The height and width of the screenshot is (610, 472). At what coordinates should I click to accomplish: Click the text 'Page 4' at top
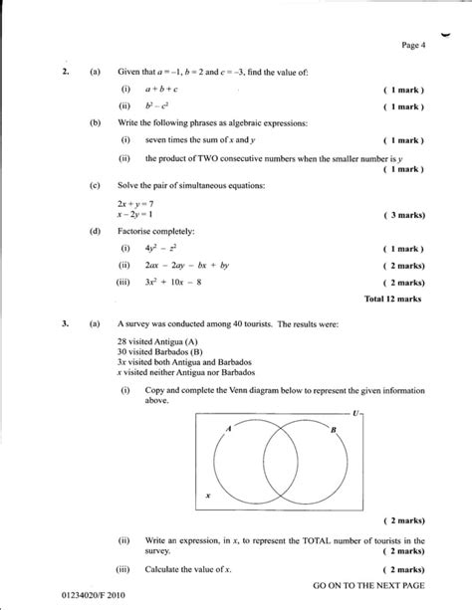pyautogui.click(x=413, y=45)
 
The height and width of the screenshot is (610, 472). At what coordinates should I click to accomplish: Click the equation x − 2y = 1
pyautogui.click(x=132, y=214)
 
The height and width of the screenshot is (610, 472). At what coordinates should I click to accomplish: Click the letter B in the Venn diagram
pyautogui.click(x=334, y=428)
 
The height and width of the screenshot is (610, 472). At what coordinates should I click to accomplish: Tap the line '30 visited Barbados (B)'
pyautogui.click(x=158, y=351)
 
